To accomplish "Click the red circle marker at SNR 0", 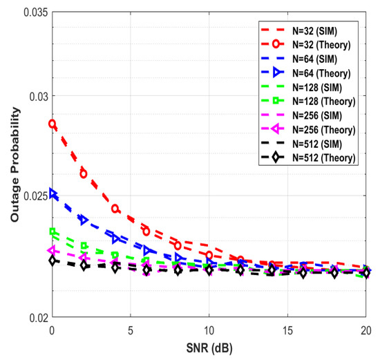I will (52, 124).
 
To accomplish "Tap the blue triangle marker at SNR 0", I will (53, 194).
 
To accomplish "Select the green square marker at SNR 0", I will (52, 232).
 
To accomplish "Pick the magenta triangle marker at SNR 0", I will (52, 249).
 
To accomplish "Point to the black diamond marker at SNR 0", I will (52, 260).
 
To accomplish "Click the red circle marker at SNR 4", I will (115, 209).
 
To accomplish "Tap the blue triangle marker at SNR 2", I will (84, 220).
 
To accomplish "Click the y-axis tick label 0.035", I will (30, 14).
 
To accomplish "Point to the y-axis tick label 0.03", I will (32, 95).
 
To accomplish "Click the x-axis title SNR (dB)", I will (209, 347).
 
